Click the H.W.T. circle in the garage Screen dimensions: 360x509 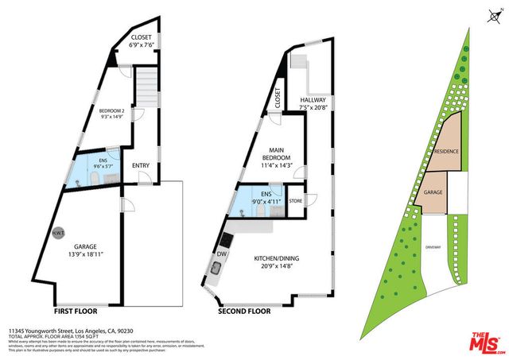coord(58,233)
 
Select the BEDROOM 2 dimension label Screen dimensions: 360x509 coord(112,116)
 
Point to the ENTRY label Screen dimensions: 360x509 coord(141,165)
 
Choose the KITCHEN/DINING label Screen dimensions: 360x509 coord(277,263)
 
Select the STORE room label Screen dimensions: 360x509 coord(296,200)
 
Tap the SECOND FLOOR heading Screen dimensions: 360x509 coord(245,312)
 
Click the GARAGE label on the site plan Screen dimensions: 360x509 coord(433,192)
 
